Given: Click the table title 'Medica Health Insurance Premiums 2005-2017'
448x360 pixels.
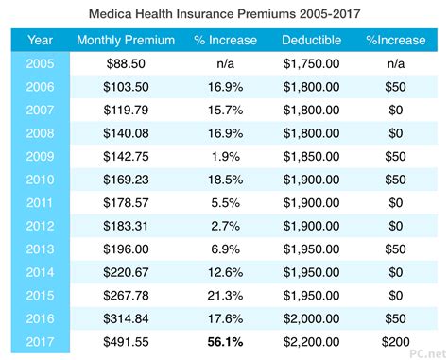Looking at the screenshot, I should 224,14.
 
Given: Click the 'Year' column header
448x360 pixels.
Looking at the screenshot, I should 41,42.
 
